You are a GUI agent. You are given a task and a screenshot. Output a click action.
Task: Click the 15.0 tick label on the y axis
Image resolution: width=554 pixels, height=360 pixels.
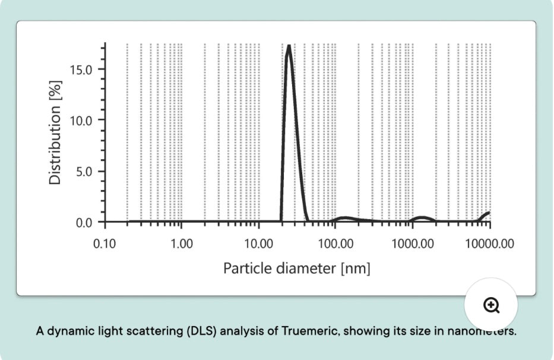(81, 69)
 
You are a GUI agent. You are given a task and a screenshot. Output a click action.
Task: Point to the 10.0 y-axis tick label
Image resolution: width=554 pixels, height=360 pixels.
(81, 120)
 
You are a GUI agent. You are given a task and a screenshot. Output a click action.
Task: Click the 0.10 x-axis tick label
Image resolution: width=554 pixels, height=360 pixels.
(105, 244)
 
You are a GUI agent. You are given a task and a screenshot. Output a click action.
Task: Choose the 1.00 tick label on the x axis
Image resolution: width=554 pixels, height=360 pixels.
(181, 244)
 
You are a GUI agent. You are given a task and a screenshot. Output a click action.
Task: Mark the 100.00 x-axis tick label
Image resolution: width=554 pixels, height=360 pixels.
(335, 244)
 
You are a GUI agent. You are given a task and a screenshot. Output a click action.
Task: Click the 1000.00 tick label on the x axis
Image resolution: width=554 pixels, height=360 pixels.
(411, 244)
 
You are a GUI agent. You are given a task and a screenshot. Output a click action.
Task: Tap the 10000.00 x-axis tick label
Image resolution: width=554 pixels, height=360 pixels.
(489, 244)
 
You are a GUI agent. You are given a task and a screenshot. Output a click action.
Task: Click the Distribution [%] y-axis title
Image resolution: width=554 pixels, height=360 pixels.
(56, 137)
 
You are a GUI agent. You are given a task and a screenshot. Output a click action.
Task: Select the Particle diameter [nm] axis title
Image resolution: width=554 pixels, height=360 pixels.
(297, 269)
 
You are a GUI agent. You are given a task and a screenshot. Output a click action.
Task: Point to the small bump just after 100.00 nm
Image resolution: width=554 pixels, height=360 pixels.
(345, 218)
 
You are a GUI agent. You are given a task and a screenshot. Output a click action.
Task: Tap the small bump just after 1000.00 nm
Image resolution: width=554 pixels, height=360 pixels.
(422, 217)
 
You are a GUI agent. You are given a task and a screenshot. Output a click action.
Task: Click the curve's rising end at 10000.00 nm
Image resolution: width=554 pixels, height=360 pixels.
(488, 213)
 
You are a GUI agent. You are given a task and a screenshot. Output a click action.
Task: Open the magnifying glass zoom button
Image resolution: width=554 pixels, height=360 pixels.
(491, 305)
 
